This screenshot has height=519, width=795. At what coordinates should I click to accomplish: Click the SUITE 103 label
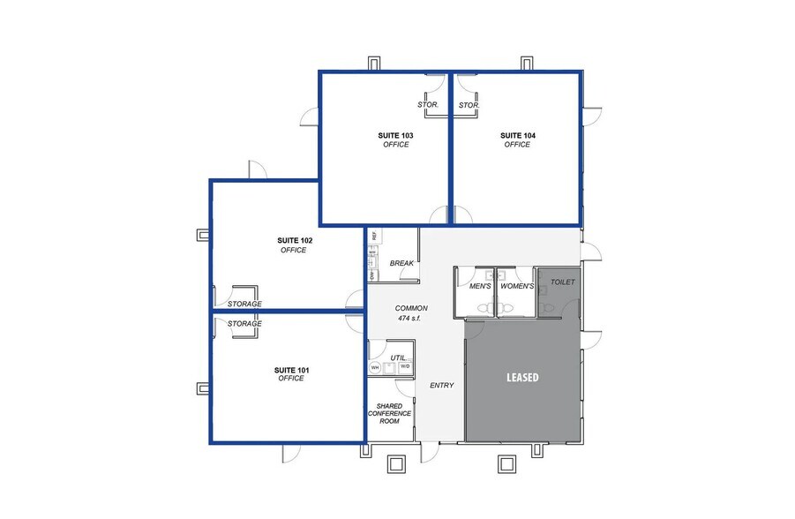395,135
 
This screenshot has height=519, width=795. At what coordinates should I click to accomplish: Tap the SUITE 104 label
517,135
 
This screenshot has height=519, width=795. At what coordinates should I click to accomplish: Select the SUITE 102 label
293,240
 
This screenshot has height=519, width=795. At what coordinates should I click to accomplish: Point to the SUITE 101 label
291,369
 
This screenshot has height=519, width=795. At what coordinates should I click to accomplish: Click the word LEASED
522,377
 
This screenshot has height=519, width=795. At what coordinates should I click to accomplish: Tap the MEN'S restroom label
480,286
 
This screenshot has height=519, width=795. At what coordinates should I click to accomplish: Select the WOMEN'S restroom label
517,286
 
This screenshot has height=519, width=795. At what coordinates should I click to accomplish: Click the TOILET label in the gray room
562,282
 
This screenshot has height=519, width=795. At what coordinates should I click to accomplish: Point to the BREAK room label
402,263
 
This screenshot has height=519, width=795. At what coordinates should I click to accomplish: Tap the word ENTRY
441,386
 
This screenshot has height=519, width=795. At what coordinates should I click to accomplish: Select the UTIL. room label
398,357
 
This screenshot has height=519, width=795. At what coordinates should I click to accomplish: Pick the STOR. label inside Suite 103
428,105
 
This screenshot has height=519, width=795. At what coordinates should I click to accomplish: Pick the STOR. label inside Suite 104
469,105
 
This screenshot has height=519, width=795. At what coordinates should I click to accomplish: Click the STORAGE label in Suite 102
244,304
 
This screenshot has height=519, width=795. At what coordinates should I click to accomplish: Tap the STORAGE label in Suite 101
244,323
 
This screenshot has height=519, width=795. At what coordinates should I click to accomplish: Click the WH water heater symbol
374,366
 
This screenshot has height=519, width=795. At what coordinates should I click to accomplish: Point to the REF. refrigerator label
374,236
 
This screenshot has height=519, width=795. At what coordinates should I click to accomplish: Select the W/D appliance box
404,365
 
